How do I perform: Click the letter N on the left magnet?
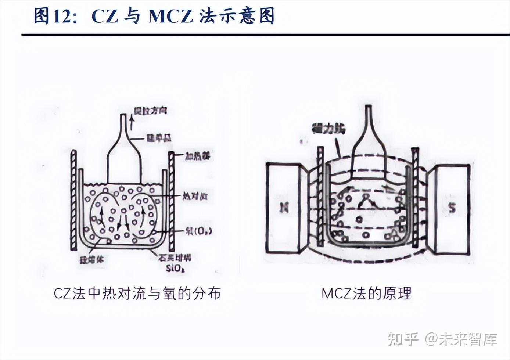(284, 208)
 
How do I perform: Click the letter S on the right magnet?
(452, 208)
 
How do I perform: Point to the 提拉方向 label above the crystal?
(150, 110)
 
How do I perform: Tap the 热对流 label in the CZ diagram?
(195, 196)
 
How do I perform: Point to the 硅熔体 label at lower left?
(92, 260)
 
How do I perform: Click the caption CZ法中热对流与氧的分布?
(137, 294)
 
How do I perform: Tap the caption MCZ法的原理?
(366, 294)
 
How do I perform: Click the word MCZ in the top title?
(170, 16)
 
